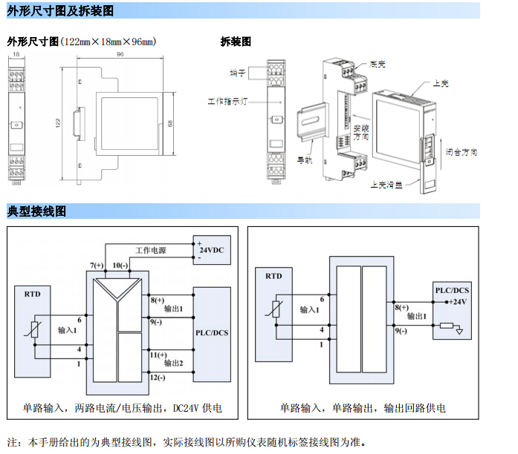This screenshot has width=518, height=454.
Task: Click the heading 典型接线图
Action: coord(36,211)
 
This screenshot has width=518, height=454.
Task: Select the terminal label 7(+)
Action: coord(97,265)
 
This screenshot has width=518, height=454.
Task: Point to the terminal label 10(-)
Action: coord(120,265)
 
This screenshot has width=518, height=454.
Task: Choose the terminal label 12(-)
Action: coord(158,378)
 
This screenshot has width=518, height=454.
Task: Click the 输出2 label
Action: coord(174,363)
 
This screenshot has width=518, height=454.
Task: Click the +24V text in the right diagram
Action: coord(457,301)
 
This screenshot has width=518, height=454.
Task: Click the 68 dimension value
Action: coord(170,123)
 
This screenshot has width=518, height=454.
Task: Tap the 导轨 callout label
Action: coord(304,159)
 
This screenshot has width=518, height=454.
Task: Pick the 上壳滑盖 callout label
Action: coord(386,185)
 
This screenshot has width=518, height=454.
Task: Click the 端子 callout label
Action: coord(237,73)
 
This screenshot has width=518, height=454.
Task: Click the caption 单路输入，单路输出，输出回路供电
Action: coord(363,408)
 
